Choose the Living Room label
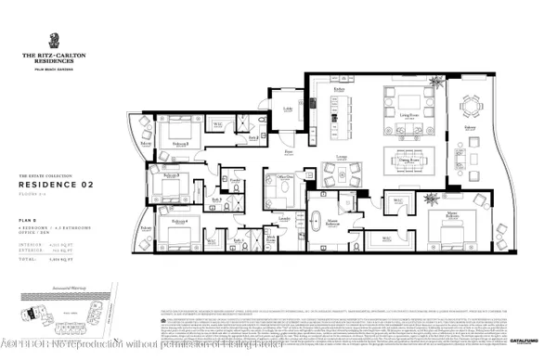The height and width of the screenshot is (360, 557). point(408,115)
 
